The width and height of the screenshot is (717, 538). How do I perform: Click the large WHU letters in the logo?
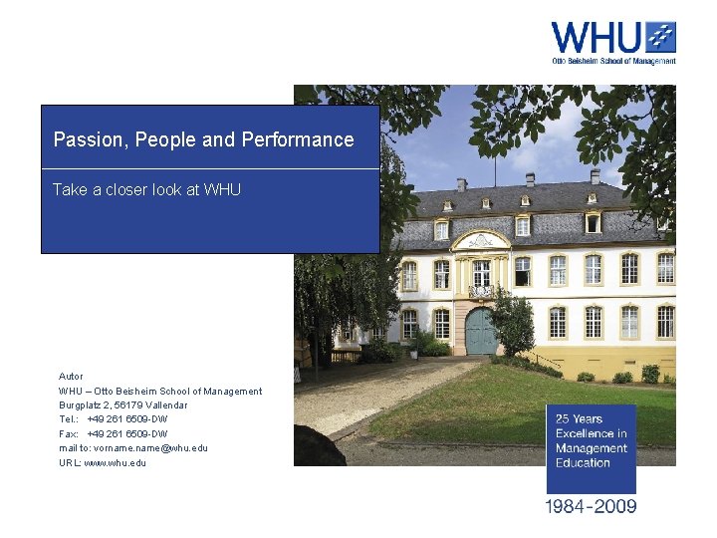coord(596,37)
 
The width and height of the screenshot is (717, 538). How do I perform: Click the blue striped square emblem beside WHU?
coord(659,37)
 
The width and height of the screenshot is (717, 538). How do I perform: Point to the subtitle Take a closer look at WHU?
coord(146,189)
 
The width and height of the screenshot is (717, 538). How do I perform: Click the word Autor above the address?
coord(71,377)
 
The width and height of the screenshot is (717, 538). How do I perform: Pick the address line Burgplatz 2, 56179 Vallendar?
coord(122,405)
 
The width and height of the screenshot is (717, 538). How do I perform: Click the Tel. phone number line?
coord(113,419)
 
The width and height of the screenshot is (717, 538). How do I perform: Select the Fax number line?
coord(113,434)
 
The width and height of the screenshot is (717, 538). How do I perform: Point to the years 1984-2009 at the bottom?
coord(591,506)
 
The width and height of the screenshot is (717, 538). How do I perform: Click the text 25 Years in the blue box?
coord(581,419)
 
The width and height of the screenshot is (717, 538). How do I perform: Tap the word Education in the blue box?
coord(583,463)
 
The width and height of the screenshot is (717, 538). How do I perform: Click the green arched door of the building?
coord(482,332)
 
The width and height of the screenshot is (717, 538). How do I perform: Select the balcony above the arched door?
coord(481,291)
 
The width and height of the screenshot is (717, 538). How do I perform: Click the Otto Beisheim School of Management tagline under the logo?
coord(613,61)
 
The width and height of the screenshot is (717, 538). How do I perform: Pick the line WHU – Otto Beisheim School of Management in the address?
coord(160,392)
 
